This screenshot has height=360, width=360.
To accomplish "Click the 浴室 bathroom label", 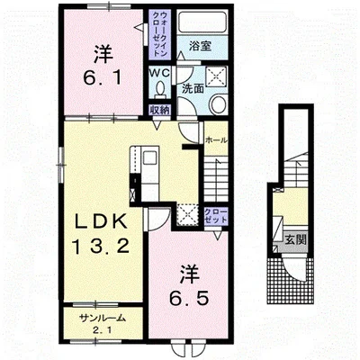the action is (x=201, y=46).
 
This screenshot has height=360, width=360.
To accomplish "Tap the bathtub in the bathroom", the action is (x=202, y=22).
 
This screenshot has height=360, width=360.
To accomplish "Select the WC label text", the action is (x=160, y=72).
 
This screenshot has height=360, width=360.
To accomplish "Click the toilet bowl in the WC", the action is (x=159, y=89).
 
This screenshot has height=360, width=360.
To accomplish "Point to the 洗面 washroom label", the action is (x=193, y=88).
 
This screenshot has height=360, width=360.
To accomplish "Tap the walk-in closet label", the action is (x=159, y=33).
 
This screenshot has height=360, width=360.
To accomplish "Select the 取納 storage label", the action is (x=160, y=110).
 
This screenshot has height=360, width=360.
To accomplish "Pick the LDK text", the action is (x=100, y=222).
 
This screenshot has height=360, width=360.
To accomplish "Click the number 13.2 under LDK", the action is (x=101, y=247).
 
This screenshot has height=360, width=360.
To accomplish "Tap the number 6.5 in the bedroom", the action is (x=188, y=298).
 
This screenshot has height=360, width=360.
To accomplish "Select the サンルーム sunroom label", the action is (x=102, y=319).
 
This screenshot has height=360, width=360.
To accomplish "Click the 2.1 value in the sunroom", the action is (x=103, y=331).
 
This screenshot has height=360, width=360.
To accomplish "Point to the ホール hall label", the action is (x=216, y=140).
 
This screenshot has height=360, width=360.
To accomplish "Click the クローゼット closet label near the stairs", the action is (x=216, y=216).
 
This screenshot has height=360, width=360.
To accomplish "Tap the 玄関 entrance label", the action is (x=295, y=240).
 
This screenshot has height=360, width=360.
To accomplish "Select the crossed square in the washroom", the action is (x=216, y=77).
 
